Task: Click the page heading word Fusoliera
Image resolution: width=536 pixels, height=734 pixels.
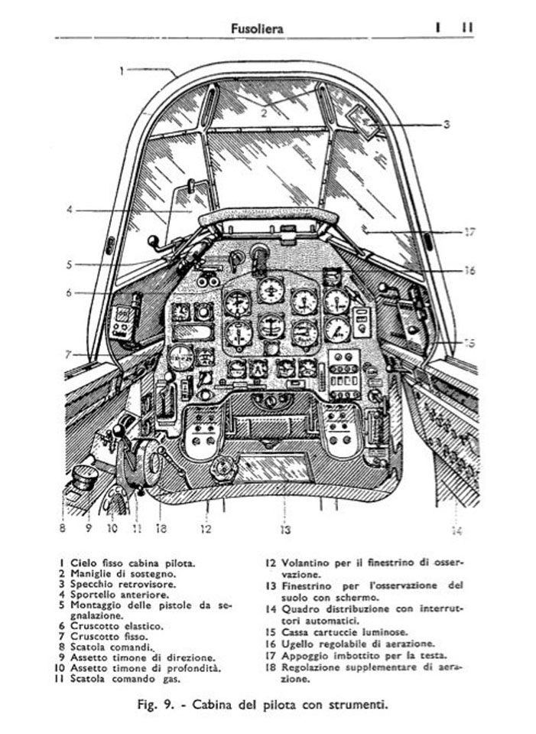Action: (257, 28)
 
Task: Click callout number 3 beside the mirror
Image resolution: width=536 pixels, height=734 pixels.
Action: (447, 125)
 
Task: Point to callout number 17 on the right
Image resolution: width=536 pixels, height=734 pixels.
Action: (469, 232)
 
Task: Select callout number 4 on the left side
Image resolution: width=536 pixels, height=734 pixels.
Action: (70, 210)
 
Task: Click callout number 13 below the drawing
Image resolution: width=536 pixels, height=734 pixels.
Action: (285, 530)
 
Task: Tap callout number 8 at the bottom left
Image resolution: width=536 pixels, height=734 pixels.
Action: (62, 528)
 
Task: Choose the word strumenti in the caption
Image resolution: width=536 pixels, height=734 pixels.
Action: (355, 704)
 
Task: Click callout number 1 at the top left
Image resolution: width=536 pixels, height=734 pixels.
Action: (122, 71)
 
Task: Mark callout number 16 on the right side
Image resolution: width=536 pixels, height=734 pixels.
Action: (469, 270)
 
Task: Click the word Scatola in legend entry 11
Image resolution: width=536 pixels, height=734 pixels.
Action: (88, 679)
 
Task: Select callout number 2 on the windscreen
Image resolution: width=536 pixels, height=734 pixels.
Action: (264, 113)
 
